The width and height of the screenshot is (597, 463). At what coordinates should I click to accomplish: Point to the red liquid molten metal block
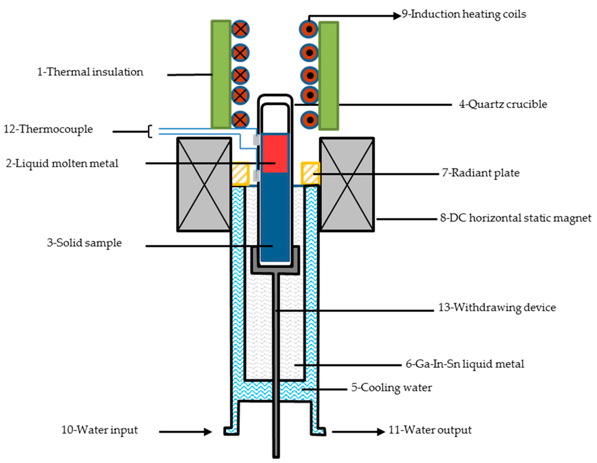[275, 153]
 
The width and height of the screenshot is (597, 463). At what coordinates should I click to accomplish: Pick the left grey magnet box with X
[203, 184]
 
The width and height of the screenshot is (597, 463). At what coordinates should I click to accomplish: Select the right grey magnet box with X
[347, 184]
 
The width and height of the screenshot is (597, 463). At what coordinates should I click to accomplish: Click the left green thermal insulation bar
[221, 75]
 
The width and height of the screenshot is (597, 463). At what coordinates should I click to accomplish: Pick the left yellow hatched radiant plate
[240, 174]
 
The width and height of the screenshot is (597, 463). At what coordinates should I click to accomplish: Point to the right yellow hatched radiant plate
[310, 173]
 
